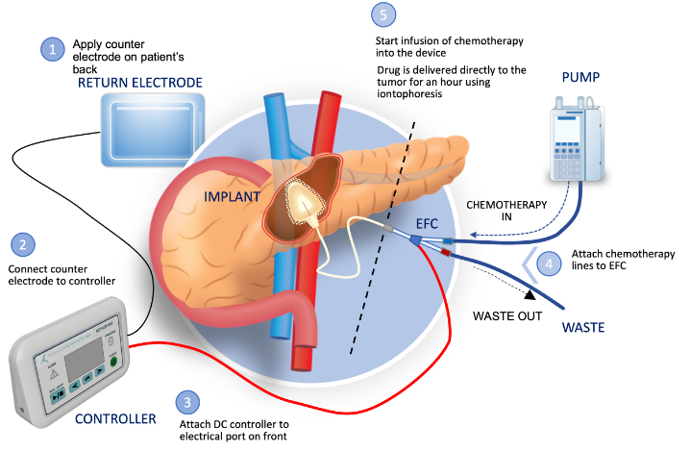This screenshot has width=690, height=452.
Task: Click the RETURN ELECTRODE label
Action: pos(141,84)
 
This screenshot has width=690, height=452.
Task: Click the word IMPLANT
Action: pos(231,197)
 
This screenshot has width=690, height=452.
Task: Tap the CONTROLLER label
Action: pos(116,418)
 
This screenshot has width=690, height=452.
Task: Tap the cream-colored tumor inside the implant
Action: pos(307,198)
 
